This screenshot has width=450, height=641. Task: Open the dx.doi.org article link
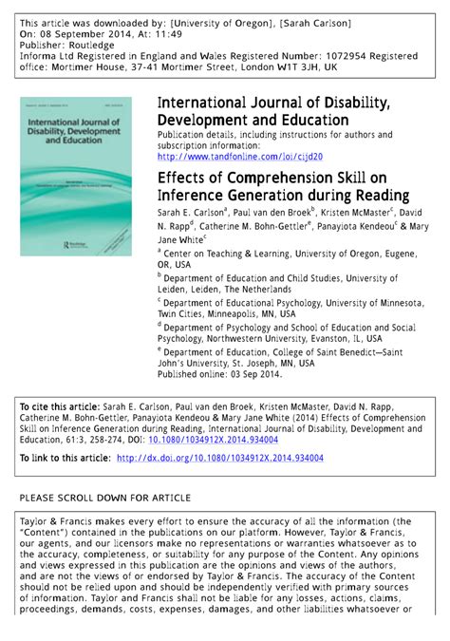(x=219, y=458)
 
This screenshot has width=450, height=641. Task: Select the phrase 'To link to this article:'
(x=65, y=458)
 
